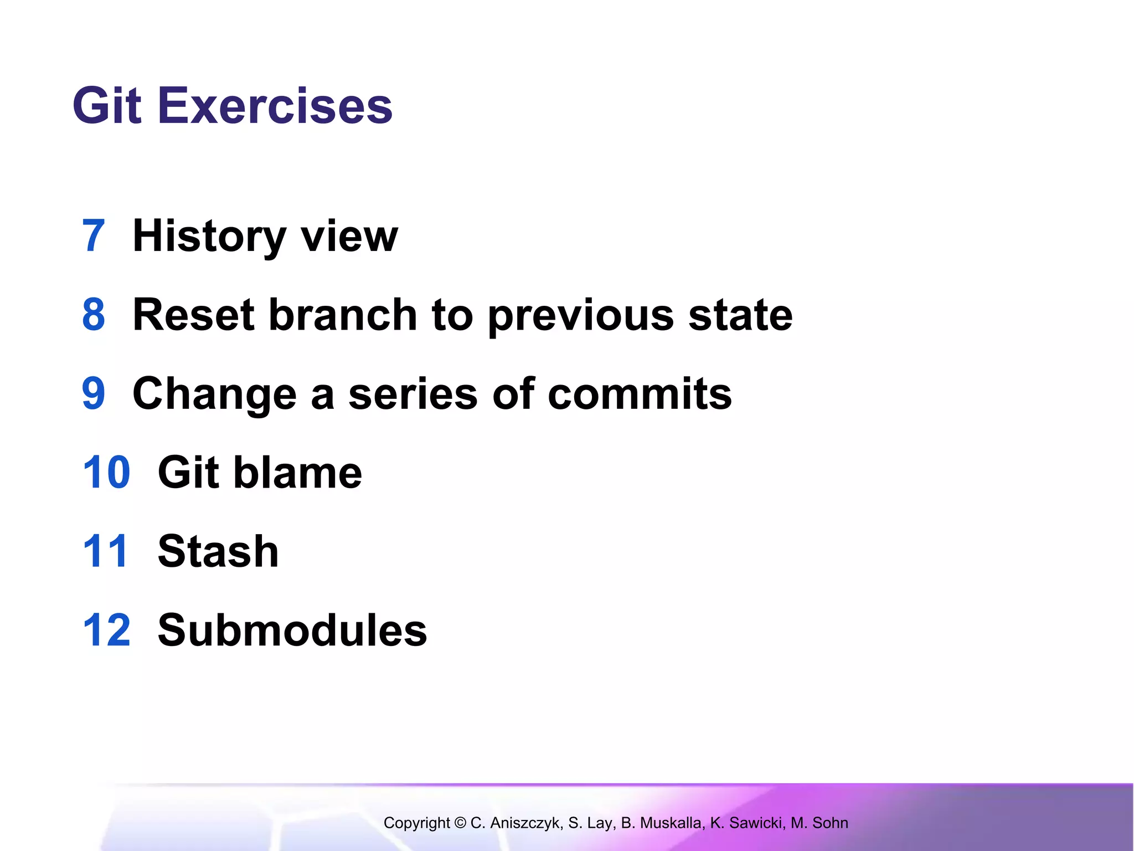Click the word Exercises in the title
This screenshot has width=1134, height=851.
(275, 106)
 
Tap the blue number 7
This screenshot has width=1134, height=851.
(94, 236)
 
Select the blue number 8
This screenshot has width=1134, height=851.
(94, 315)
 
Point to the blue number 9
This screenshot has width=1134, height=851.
(94, 394)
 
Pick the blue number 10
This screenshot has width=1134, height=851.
(106, 473)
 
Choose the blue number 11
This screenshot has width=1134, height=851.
(105, 551)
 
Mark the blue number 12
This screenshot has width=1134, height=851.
(106, 630)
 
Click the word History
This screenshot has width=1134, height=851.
(209, 236)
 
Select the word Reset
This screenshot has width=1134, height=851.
(194, 315)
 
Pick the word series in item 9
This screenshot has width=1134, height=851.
(413, 394)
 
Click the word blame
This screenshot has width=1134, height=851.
(297, 473)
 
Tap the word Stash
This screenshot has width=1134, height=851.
(218, 551)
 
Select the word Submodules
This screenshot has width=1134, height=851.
(292, 630)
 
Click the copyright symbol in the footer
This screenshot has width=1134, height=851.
(460, 823)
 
